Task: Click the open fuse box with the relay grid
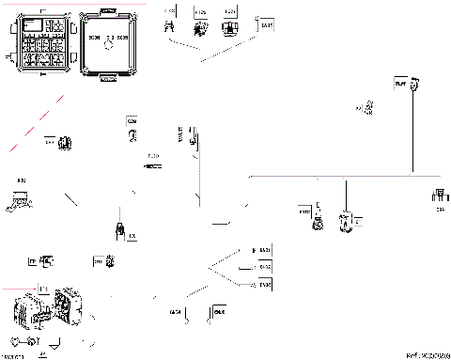[39, 41]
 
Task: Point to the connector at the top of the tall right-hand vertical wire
[401, 86]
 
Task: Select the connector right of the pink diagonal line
[65, 144]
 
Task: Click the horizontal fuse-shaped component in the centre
[151, 165]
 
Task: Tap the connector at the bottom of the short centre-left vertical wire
[119, 229]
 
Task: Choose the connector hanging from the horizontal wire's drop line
[346, 221]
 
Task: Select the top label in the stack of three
[263, 249]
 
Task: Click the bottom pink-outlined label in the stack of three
[264, 282]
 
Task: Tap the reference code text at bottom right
[428, 355]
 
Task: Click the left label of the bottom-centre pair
[175, 311]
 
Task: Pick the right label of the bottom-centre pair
[221, 311]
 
